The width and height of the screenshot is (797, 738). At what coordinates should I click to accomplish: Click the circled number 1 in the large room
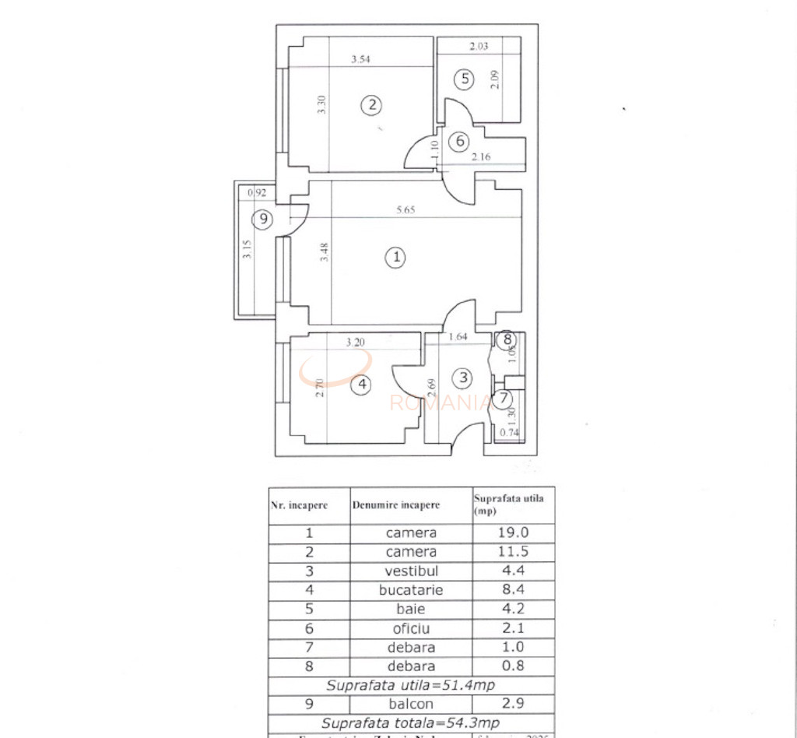click(396, 257)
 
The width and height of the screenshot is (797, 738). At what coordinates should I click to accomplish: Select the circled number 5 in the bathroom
click(464, 78)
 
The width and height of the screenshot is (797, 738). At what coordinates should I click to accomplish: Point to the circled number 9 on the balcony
click(264, 220)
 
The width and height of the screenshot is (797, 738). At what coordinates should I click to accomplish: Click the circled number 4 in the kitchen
click(360, 385)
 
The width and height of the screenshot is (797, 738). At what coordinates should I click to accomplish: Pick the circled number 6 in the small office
click(460, 141)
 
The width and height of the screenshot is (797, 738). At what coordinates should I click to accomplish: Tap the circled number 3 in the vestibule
click(463, 378)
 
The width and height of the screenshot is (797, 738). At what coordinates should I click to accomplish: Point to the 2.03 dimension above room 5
click(479, 46)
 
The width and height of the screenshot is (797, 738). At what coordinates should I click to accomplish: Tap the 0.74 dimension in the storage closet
click(509, 433)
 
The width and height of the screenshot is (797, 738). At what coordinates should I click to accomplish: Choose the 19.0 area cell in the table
click(513, 533)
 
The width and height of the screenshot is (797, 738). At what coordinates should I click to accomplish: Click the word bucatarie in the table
click(411, 590)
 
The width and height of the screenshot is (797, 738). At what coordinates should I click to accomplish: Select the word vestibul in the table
click(411, 571)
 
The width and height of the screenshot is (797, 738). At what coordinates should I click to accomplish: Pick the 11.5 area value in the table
click(513, 552)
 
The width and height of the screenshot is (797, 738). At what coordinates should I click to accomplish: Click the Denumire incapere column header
click(395, 505)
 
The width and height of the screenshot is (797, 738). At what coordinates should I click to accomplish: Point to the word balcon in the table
click(411, 704)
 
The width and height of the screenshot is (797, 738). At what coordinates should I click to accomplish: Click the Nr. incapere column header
click(299, 505)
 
